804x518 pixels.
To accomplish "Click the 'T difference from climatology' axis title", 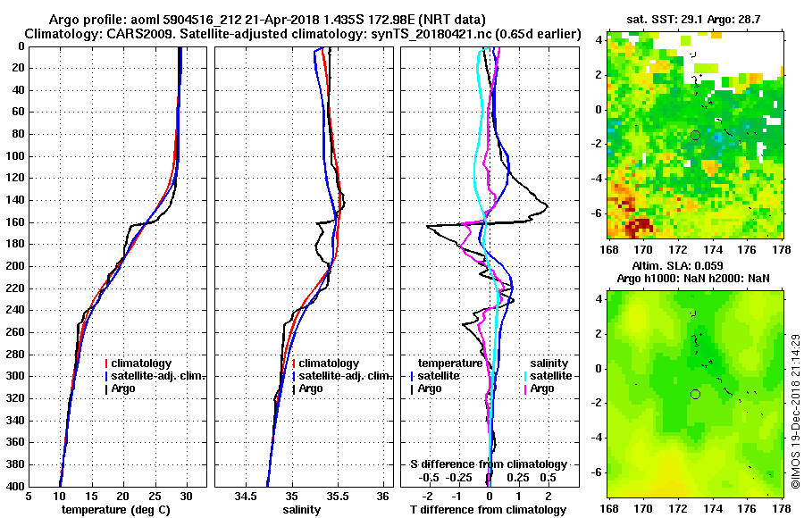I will coord(489,510).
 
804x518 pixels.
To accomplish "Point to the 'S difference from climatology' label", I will coord(489,464).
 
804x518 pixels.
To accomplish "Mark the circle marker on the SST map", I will coord(695,135).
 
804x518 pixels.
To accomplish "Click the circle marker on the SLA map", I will coord(695,394).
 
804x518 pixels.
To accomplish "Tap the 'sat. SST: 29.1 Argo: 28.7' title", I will coord(695,18).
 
